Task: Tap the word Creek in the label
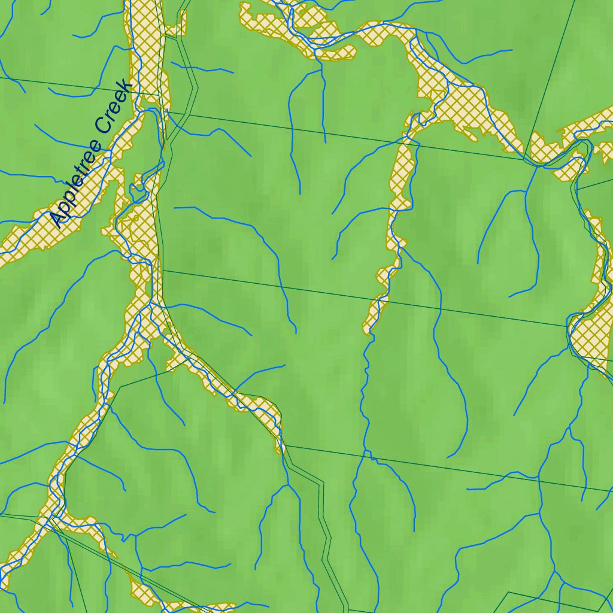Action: pos(114,108)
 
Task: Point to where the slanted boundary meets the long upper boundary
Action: pos(524,158)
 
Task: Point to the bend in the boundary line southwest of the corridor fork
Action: pos(120,387)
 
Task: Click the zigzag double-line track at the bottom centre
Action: pos(326,539)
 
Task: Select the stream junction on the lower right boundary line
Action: pos(539,477)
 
